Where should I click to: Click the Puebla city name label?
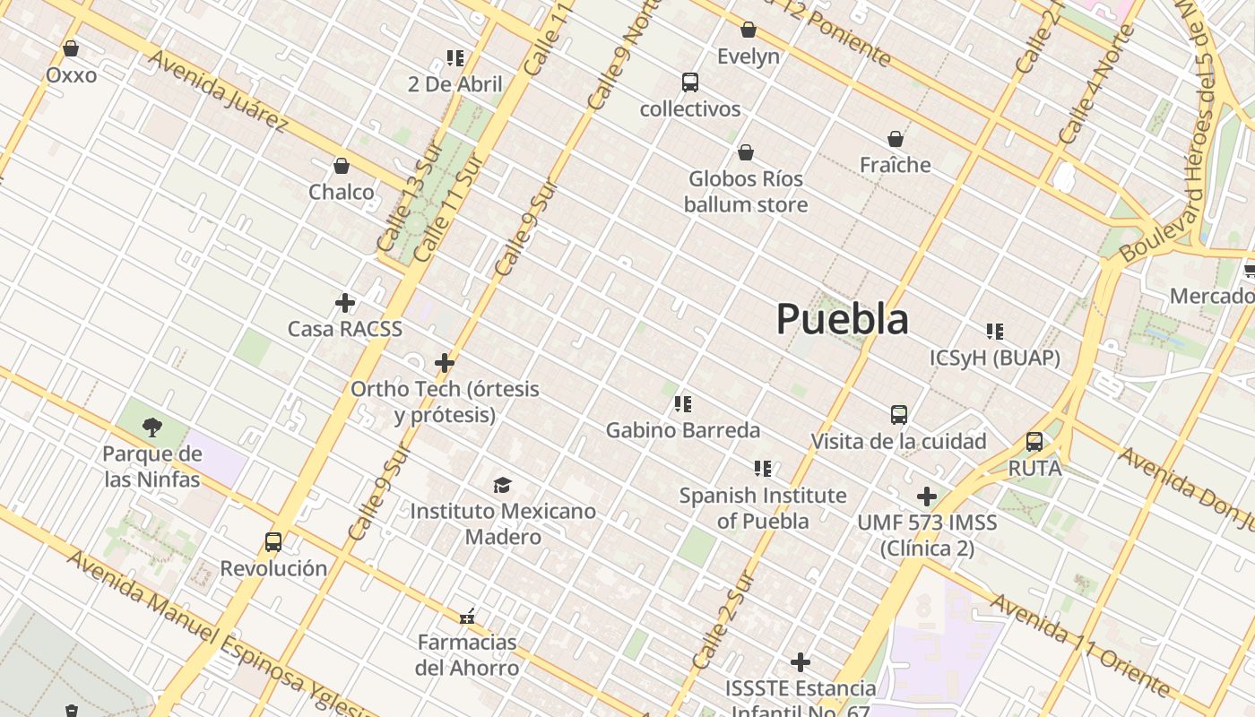(842, 319)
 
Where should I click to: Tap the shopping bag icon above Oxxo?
(71, 48)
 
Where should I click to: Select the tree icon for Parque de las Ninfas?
(152, 428)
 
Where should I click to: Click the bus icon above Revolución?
(273, 541)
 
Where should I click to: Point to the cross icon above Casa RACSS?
(345, 303)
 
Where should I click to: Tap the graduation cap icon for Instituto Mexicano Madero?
(502, 485)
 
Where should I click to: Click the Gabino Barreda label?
(682, 430)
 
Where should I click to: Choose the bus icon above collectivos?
(689, 82)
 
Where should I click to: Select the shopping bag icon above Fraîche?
(895, 139)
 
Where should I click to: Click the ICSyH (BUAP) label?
(994, 358)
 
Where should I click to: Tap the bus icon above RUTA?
(1034, 442)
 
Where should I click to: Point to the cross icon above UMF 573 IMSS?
(927, 497)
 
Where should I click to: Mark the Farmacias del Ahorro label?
(467, 655)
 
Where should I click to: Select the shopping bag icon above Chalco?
(341, 166)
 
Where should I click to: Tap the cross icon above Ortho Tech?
(444, 363)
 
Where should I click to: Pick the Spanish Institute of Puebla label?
(763, 508)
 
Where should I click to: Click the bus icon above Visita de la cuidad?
(899, 415)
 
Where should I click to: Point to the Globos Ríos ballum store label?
(746, 192)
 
